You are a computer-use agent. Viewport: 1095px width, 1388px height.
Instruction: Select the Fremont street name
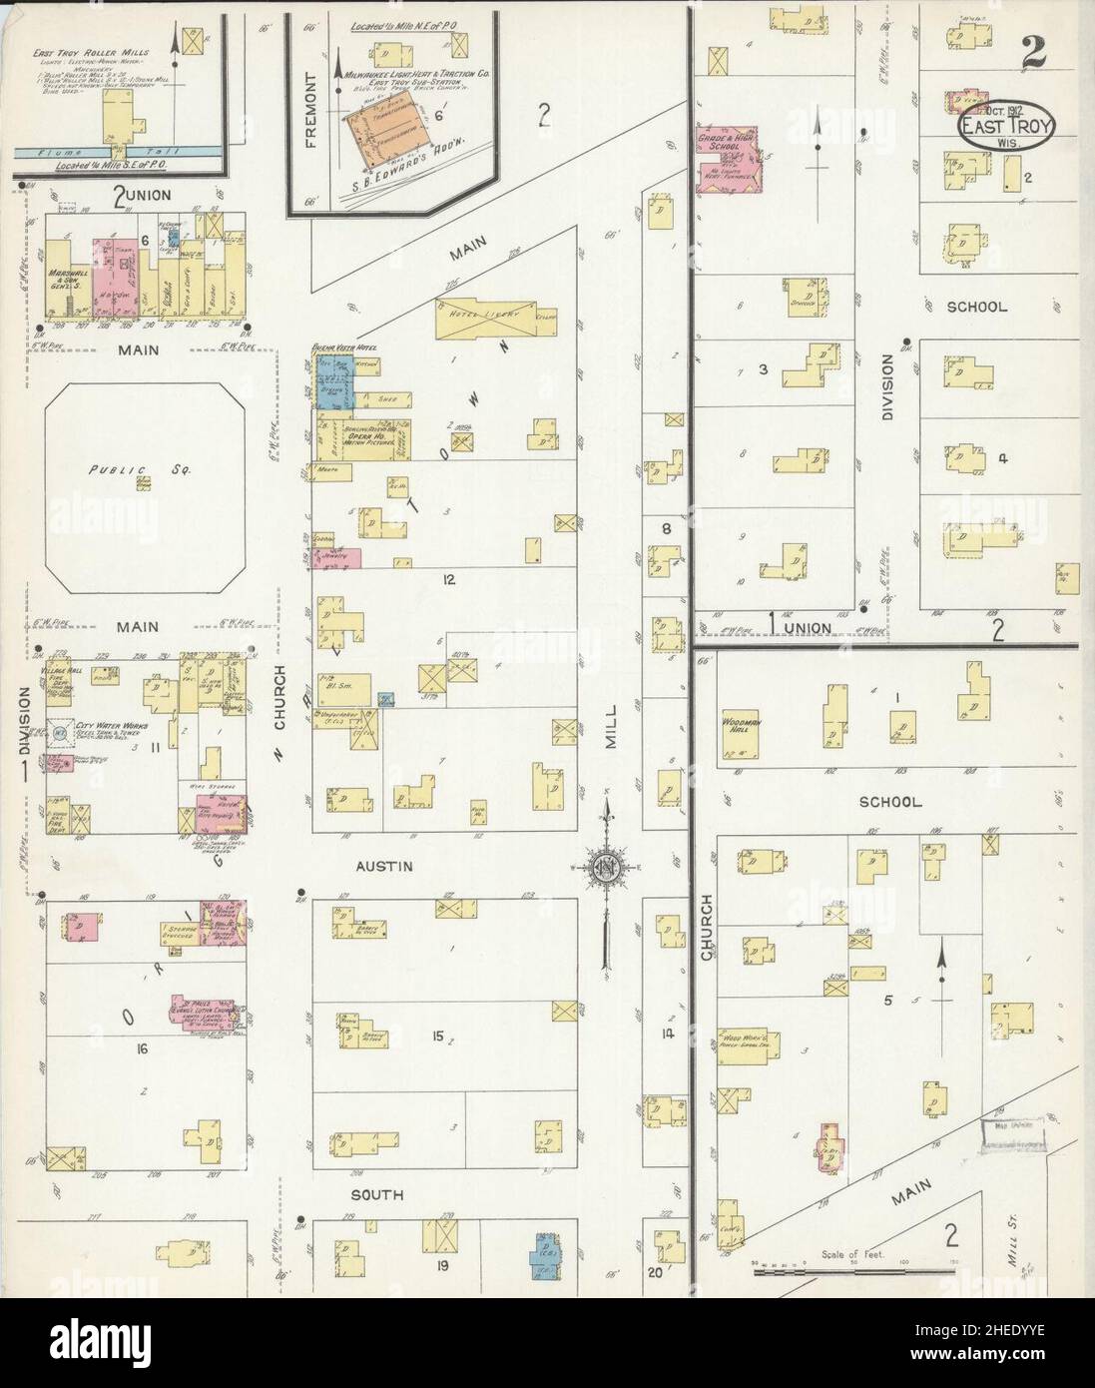click(x=310, y=124)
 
